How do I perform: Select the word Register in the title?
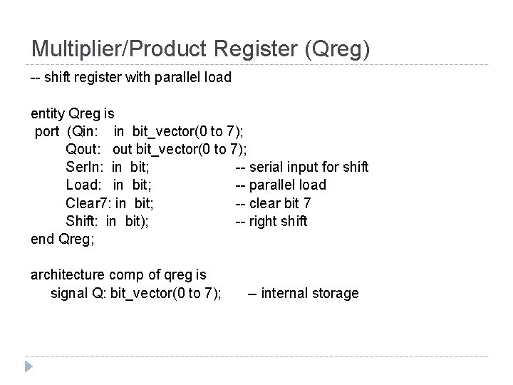[258, 49]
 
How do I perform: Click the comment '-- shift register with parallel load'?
[131, 77]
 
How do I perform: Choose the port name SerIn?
[85, 168]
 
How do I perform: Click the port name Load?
[85, 185]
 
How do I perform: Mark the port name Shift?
[83, 221]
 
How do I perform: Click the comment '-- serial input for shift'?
[302, 168]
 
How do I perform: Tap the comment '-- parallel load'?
[281, 185]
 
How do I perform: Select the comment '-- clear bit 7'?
[273, 203]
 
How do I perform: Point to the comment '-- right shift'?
[271, 221]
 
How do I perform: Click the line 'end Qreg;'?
[61, 239]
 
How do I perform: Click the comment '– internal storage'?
[303, 293]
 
